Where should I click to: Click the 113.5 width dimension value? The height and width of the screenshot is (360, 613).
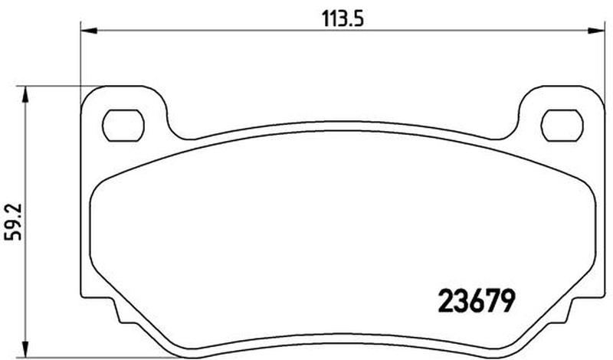(x=343, y=18)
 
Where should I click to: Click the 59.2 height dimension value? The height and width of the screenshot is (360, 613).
(x=14, y=222)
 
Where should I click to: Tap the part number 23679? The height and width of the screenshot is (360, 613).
(x=475, y=301)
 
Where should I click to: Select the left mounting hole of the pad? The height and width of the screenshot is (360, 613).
(x=123, y=125)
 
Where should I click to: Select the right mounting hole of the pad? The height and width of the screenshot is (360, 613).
(x=562, y=125)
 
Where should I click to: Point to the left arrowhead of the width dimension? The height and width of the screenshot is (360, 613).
(x=89, y=30)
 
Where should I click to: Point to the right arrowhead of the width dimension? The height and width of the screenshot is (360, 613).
(x=596, y=30)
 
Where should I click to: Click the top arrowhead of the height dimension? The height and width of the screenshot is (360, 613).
(x=25, y=94)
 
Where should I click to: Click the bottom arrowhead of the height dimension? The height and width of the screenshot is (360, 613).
(x=25, y=349)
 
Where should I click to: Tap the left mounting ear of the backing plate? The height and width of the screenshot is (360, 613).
(x=123, y=113)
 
